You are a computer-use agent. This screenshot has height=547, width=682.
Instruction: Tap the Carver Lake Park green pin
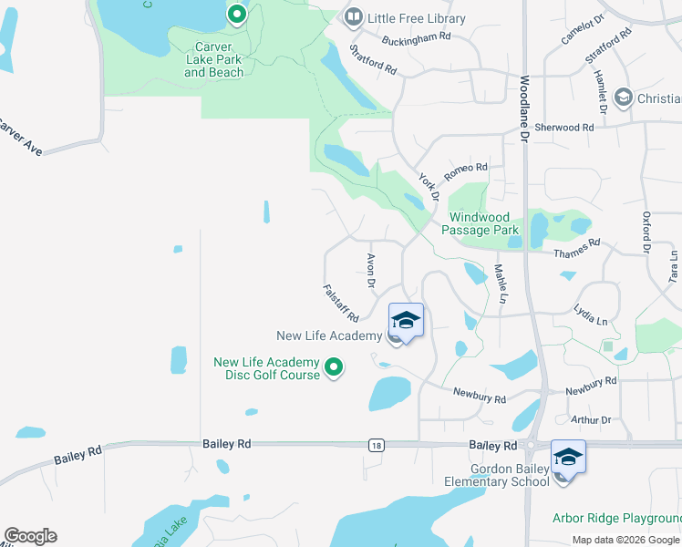click(x=237, y=15)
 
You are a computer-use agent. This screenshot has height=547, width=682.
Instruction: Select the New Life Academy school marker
click(x=406, y=320)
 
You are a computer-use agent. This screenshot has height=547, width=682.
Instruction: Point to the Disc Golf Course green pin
click(x=334, y=368)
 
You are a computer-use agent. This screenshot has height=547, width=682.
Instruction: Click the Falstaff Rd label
click(x=341, y=302)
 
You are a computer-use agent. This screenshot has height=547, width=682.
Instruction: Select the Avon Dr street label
click(x=371, y=271)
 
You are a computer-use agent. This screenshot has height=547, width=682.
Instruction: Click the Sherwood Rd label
click(x=570, y=128)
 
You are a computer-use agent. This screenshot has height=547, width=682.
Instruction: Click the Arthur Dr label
click(x=591, y=420)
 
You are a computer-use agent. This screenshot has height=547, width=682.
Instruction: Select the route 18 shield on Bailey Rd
click(x=376, y=445)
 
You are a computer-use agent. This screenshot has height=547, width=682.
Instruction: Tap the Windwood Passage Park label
click(x=480, y=223)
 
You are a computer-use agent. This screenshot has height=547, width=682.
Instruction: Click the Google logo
click(x=30, y=536)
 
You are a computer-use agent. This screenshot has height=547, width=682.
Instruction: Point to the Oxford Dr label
click(x=646, y=232)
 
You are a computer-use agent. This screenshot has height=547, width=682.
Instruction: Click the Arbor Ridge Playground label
click(x=616, y=518)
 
